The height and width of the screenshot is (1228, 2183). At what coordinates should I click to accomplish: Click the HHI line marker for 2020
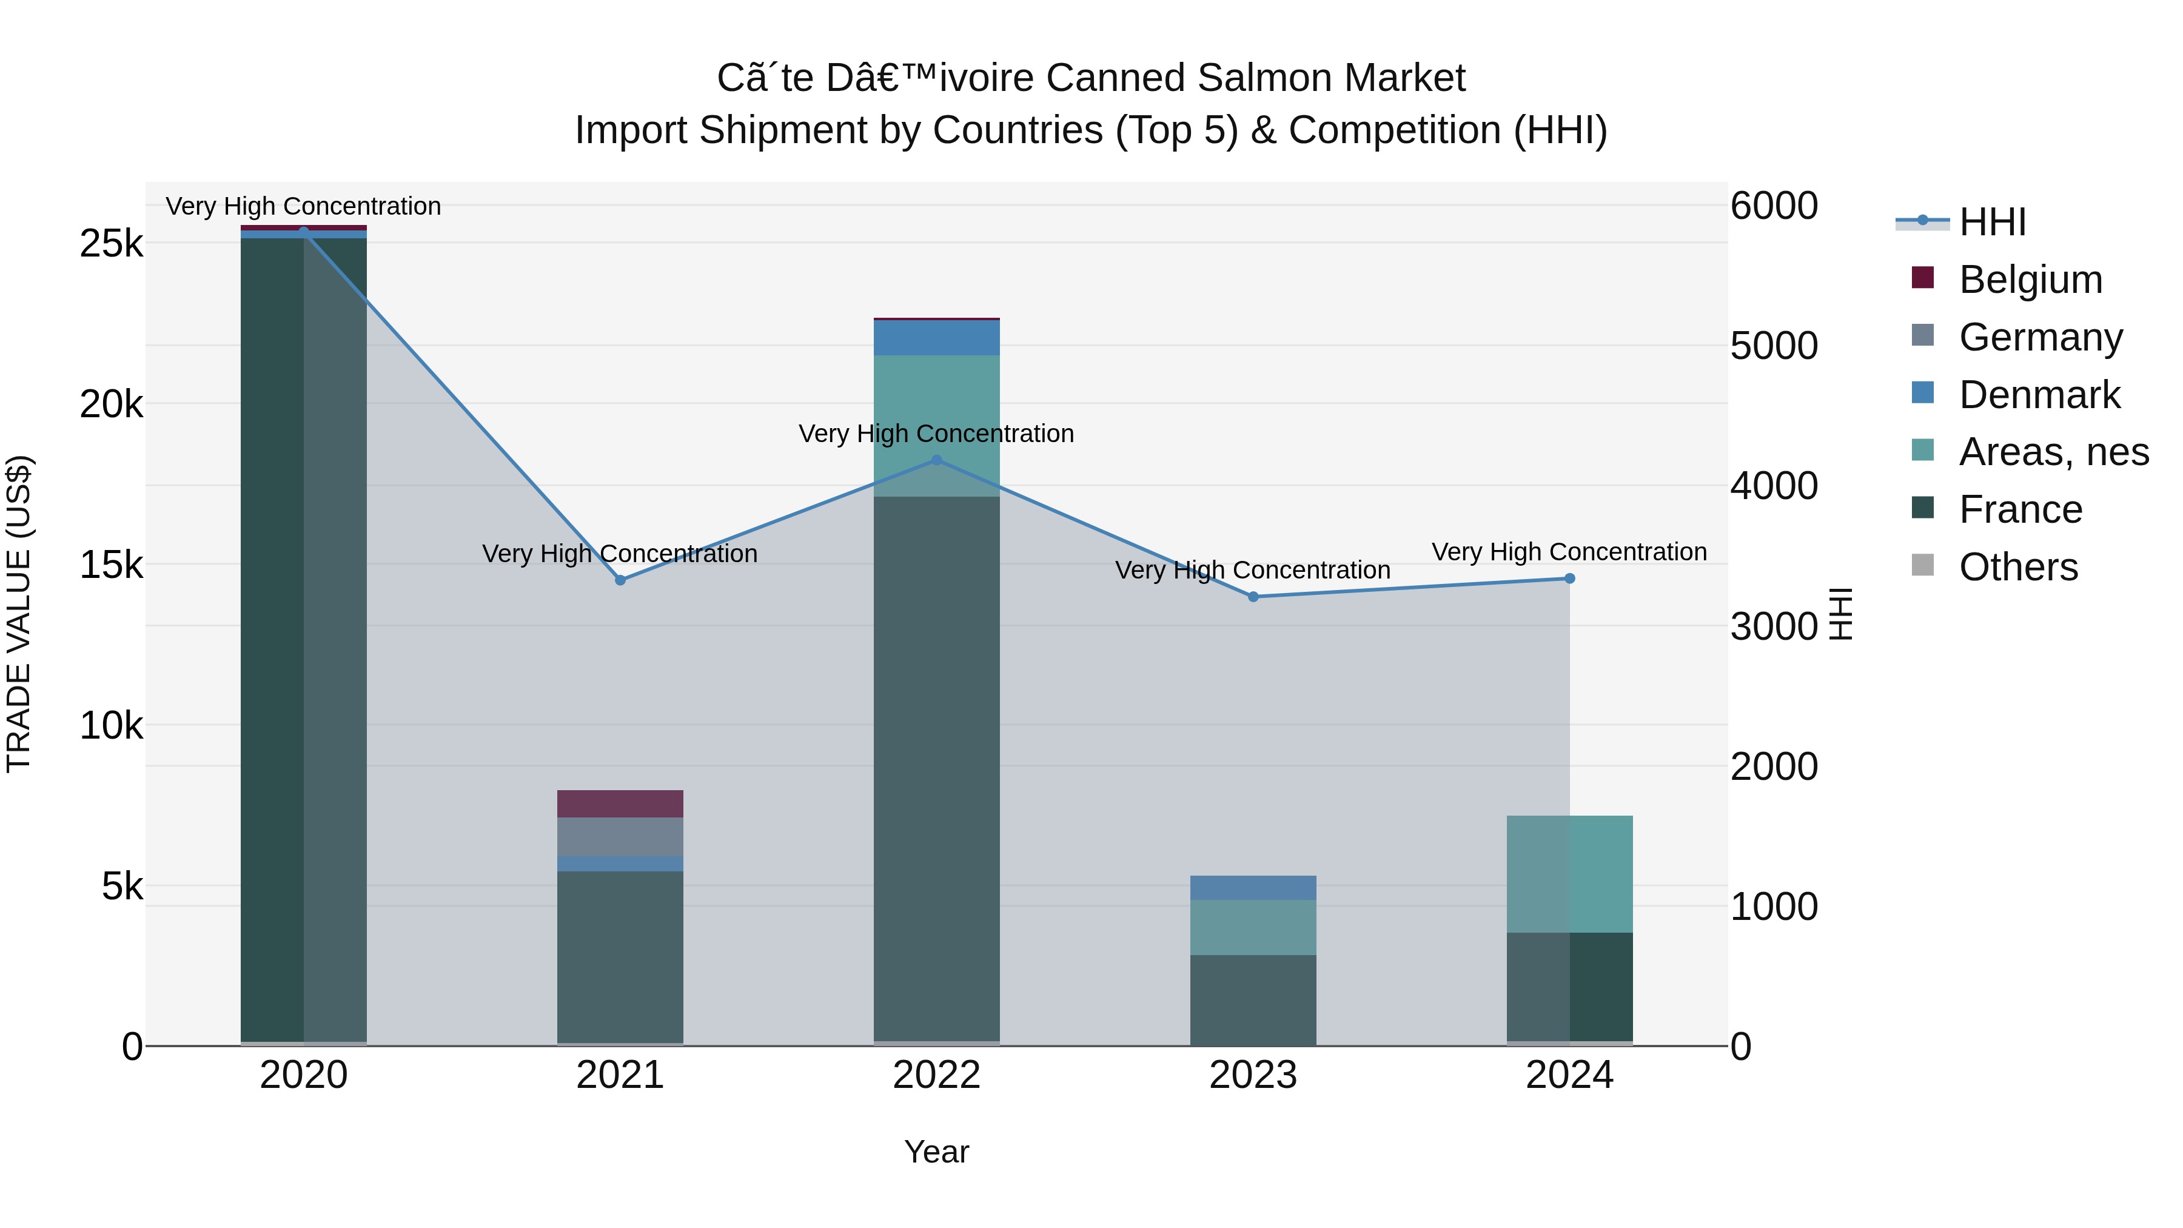303,232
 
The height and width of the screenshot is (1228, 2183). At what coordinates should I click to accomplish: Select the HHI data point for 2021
620,580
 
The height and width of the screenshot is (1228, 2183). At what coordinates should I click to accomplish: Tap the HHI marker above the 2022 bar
936,460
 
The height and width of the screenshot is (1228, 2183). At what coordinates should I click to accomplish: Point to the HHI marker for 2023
1253,597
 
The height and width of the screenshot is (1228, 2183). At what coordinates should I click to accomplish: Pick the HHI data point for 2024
1569,579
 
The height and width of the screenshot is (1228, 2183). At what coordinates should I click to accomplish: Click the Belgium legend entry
2030,280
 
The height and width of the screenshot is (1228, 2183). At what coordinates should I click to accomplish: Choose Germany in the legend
2040,337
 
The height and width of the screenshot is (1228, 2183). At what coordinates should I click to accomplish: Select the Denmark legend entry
2038,395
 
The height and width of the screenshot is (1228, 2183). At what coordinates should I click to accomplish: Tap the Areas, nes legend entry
2053,452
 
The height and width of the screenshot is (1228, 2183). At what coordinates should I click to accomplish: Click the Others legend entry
2017,567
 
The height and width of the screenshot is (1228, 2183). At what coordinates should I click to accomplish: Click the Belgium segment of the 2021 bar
620,804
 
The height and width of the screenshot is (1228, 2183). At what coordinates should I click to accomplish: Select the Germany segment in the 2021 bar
620,836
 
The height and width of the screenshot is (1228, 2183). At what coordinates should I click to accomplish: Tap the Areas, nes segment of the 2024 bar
1569,874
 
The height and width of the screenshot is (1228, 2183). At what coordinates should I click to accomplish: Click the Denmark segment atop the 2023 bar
1253,887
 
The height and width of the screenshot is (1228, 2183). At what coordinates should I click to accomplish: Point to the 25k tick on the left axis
111,244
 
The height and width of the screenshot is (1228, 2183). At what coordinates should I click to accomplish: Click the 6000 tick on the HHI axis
1774,206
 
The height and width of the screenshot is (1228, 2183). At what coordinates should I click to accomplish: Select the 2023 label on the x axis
1253,1075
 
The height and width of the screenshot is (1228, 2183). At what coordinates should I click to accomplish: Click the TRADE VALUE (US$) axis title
19,614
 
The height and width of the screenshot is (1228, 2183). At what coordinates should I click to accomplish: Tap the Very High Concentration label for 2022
936,434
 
